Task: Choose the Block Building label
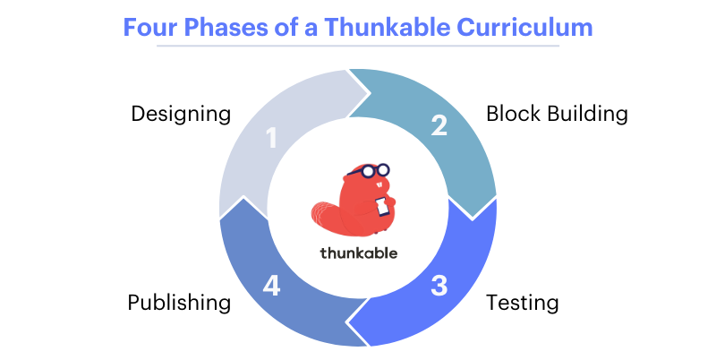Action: point(557,115)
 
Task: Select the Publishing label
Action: point(180,303)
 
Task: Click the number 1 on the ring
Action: point(273,139)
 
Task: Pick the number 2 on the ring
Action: point(439,125)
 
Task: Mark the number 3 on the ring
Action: point(439,287)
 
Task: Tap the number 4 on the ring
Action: point(272,287)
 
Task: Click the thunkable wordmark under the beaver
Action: point(358,253)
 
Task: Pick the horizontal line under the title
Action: point(358,45)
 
